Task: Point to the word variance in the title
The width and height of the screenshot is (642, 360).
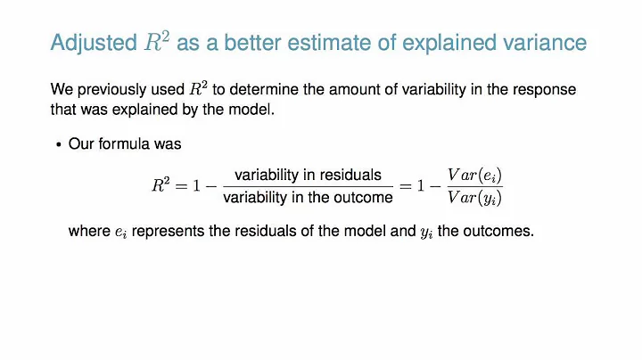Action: (x=545, y=42)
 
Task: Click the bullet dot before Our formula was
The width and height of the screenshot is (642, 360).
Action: (x=59, y=143)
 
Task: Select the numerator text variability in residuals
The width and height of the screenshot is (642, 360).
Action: (x=308, y=175)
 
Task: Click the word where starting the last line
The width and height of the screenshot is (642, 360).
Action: (x=86, y=231)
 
